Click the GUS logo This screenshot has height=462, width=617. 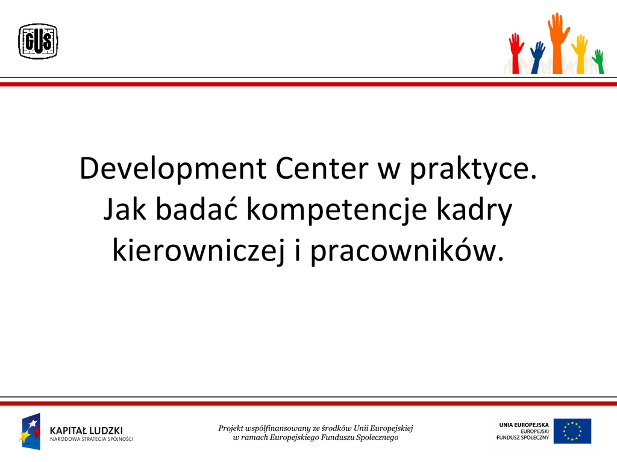(x=38, y=42)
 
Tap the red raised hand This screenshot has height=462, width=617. (x=516, y=54)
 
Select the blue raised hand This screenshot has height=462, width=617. (x=537, y=58)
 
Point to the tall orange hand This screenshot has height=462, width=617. (x=558, y=43)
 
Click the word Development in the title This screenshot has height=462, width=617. (x=173, y=169)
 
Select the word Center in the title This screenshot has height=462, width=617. (x=322, y=168)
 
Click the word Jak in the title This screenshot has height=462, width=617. (x=125, y=209)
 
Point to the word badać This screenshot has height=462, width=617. (x=196, y=209)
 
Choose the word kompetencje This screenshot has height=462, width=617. (x=336, y=210)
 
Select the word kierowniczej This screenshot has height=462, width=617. (x=198, y=251)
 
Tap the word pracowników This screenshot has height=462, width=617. (x=407, y=251)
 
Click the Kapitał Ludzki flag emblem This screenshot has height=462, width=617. (x=30, y=431)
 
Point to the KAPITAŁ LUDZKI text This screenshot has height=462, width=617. (x=86, y=431)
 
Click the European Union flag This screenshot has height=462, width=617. (x=572, y=431)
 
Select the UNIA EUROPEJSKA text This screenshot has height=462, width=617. (x=524, y=425)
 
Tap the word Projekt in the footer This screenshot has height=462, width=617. (x=231, y=428)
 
